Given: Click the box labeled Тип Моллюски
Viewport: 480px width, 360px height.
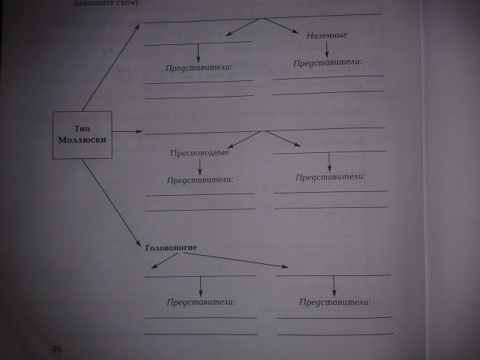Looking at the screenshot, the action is [83, 134].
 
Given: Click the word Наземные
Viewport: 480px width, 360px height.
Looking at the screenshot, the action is [327, 35].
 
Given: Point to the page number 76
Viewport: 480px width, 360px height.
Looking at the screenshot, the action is [57, 349].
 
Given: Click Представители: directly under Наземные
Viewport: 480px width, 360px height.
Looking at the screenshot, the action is [328, 62].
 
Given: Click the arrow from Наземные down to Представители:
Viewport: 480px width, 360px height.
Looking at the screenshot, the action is [328, 48].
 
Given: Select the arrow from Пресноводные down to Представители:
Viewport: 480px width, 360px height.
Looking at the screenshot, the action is [199, 166].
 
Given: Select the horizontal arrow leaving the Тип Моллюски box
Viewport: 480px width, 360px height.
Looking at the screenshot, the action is [127, 133].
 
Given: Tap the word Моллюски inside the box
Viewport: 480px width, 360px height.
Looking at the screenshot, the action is [83, 140].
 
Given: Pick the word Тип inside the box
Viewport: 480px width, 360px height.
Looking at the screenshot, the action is [83, 128].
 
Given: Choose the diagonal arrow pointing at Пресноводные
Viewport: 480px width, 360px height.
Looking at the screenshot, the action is [243, 140].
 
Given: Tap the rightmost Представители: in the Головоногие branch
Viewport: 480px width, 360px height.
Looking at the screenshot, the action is [335, 302].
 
